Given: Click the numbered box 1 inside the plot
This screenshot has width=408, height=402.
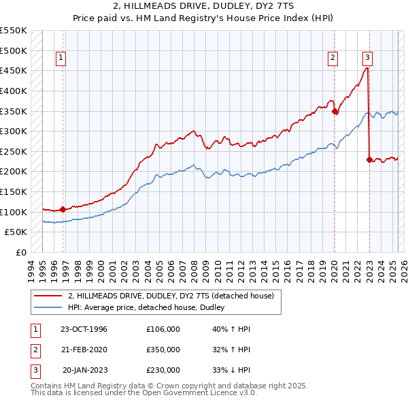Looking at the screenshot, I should (61, 59).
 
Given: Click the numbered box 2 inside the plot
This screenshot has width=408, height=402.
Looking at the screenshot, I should (333, 59).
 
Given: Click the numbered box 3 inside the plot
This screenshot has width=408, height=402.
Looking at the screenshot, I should (367, 59).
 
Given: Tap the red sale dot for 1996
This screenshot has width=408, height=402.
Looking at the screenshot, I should (63, 209).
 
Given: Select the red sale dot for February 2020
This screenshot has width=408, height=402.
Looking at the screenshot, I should (335, 112).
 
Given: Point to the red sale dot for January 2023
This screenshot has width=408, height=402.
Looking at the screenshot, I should (369, 160).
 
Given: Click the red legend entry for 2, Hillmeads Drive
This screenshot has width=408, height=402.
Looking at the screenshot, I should (171, 296).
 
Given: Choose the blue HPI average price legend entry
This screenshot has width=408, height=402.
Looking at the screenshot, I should (150, 307).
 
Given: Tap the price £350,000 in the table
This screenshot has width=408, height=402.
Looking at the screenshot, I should (163, 350).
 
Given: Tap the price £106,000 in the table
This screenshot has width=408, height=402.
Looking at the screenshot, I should (163, 329).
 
